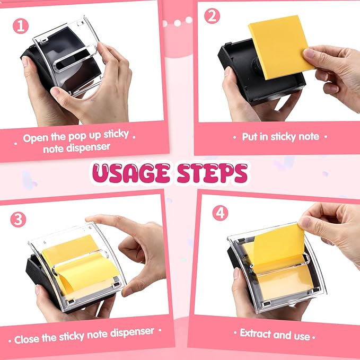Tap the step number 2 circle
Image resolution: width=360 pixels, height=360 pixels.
coord(212,16)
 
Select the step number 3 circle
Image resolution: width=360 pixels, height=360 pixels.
coord(18,219)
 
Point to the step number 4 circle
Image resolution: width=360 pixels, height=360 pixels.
coord(220,213)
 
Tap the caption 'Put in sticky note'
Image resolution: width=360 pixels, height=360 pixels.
coord(280,137)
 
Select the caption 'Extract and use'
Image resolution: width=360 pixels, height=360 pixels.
coord(275,335)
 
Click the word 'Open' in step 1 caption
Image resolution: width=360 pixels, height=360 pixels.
coord(36,139)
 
